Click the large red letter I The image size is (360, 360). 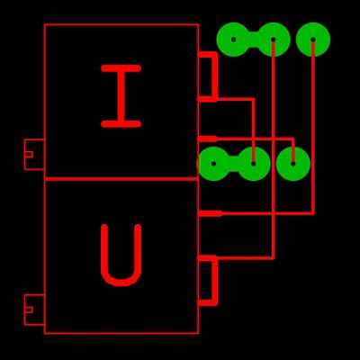(x=121, y=96)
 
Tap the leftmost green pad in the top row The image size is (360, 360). (x=234, y=40)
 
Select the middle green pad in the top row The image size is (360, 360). (x=274, y=40)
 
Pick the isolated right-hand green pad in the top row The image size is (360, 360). (x=313, y=40)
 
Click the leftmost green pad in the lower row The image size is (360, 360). (x=213, y=164)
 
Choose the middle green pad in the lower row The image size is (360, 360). (x=254, y=164)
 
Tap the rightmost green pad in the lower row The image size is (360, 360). (x=293, y=164)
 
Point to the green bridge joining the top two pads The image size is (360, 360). (x=254, y=40)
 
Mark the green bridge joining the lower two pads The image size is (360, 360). (x=233, y=164)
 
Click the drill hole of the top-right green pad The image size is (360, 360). (x=313, y=40)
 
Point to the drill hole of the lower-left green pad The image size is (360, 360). (x=213, y=164)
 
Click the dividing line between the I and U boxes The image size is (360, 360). (x=121, y=179)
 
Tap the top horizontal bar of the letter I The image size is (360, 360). (x=121, y=68)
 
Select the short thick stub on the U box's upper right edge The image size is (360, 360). (x=210, y=213)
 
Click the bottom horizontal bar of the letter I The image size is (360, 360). (x=121, y=124)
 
